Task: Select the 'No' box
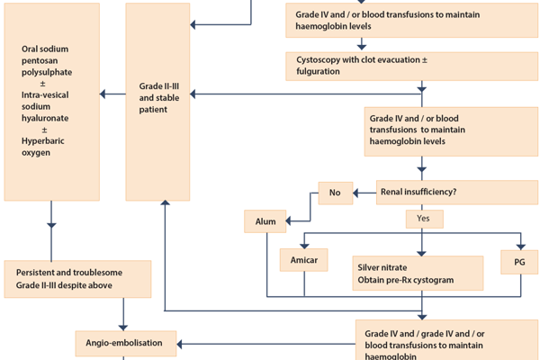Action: click(x=335, y=192)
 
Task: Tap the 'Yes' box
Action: click(x=424, y=219)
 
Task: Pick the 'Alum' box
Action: click(x=265, y=220)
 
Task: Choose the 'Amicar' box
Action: click(x=303, y=261)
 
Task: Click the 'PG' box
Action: click(x=518, y=261)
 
